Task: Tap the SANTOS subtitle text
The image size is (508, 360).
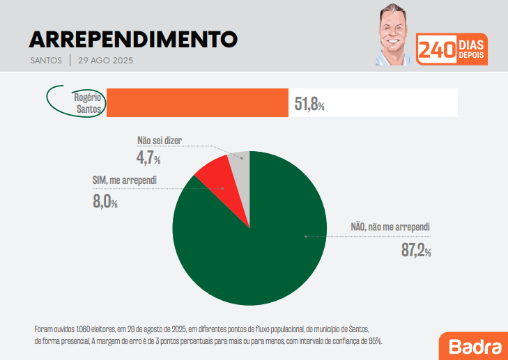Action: [x=47, y=61]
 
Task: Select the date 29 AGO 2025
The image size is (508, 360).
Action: [x=106, y=61]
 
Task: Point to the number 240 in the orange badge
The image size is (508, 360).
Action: [x=436, y=50]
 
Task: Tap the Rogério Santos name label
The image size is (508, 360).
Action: [x=88, y=103]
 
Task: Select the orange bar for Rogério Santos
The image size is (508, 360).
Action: [x=197, y=103]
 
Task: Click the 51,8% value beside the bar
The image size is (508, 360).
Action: [x=309, y=104]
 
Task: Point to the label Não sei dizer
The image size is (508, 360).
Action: [x=160, y=140]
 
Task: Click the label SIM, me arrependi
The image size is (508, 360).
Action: [x=124, y=180]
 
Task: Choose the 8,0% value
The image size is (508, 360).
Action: [x=105, y=202]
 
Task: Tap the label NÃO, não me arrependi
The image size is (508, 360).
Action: [x=390, y=227]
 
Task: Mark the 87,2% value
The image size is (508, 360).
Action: [x=416, y=251]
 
